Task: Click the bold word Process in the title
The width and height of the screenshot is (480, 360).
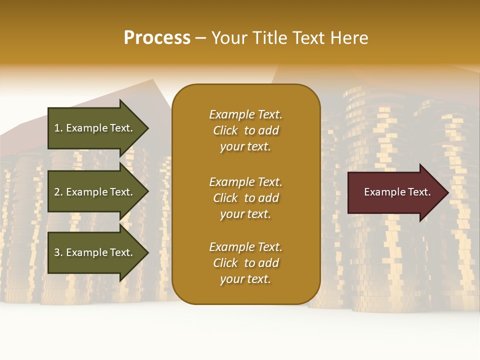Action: tap(157, 38)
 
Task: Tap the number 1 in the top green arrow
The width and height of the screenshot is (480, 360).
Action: tap(57, 128)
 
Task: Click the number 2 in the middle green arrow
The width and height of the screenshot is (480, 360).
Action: tap(57, 192)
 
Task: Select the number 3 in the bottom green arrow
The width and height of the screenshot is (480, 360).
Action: tap(57, 252)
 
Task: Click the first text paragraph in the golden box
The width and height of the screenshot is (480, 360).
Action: tap(245, 130)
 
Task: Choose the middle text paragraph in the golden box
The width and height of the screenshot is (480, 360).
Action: tap(245, 198)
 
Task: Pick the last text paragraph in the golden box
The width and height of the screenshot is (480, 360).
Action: tap(245, 263)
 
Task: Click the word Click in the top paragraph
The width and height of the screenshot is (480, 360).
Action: tap(225, 130)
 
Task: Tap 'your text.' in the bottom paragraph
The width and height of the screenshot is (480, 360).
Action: tap(245, 279)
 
